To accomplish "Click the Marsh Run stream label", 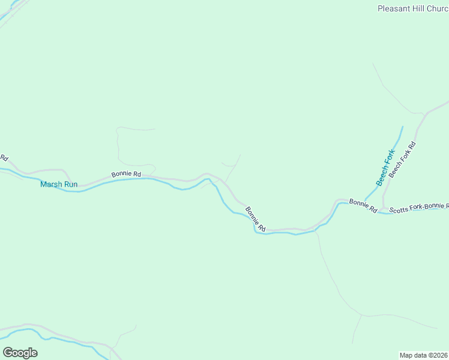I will click(59, 184).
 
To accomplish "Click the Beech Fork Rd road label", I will click(402, 160).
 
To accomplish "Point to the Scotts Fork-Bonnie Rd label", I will click(418, 208).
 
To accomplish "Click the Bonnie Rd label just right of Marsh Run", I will click(126, 175).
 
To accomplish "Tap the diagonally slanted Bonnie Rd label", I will click(255, 219).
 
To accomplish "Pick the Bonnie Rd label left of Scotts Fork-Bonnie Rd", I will click(363, 206).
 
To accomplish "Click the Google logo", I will click(20, 353).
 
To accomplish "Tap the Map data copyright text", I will click(424, 355).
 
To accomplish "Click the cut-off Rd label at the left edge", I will click(4, 158).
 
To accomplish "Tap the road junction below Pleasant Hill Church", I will click(426, 112).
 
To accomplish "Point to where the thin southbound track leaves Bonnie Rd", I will click(316, 229).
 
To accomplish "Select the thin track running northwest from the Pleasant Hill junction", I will click(390, 90).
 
